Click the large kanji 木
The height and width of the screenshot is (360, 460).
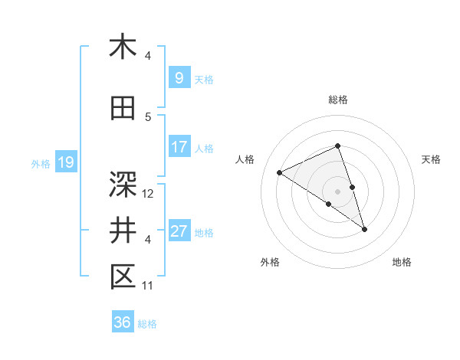click(x=123, y=47)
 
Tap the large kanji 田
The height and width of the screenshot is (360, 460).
click(x=123, y=109)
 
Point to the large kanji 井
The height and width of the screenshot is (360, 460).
click(x=123, y=230)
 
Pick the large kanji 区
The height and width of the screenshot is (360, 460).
click(x=123, y=277)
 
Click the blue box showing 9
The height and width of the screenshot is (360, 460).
click(x=179, y=78)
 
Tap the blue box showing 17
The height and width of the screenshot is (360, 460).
click(x=179, y=147)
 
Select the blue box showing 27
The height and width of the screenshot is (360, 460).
click(x=179, y=231)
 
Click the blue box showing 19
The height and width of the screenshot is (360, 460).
click(x=65, y=162)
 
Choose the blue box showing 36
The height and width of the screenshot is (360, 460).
click(x=122, y=322)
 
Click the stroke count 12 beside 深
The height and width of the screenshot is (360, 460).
click(x=149, y=194)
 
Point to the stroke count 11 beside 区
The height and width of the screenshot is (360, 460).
click(x=148, y=286)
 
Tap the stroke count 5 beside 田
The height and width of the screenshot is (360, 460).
click(x=148, y=117)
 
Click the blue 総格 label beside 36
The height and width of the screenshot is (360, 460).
click(x=147, y=323)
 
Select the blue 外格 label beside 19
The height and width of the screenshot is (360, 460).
click(x=41, y=163)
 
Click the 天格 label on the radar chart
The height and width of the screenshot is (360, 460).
click(x=431, y=159)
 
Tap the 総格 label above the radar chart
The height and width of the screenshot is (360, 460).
click(x=337, y=100)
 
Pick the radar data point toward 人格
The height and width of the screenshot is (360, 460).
click(x=280, y=172)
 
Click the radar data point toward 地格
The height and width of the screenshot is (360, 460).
click(x=364, y=228)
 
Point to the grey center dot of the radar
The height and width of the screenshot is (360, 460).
click(x=337, y=190)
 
